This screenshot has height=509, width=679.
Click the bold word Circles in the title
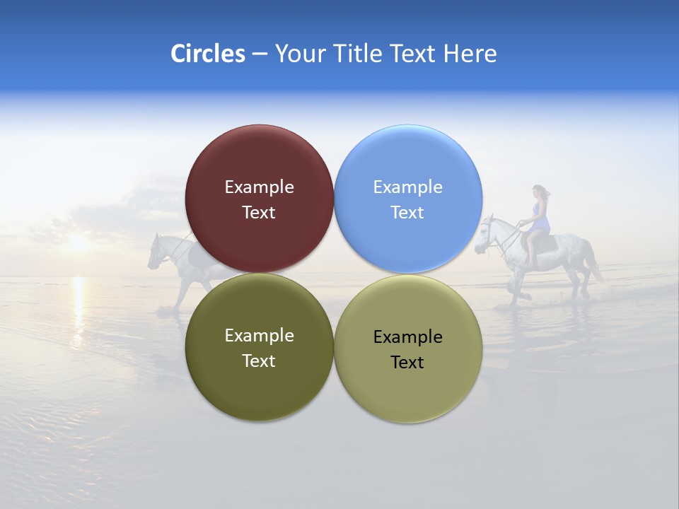click(x=207, y=54)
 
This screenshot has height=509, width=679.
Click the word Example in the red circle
click(x=259, y=187)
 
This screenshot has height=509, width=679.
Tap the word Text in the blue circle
click(x=407, y=213)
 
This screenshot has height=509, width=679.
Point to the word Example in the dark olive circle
click(x=259, y=336)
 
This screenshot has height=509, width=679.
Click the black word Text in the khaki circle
click(x=407, y=363)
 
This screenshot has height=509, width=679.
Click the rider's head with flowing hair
click(x=540, y=192)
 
